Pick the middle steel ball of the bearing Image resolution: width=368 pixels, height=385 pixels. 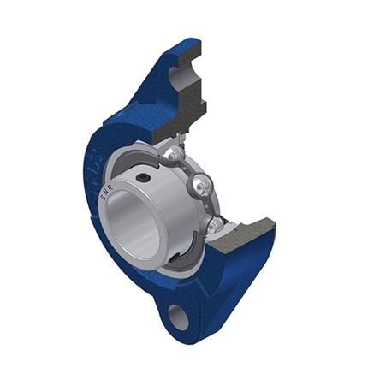pyautogui.click(x=203, y=183)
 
